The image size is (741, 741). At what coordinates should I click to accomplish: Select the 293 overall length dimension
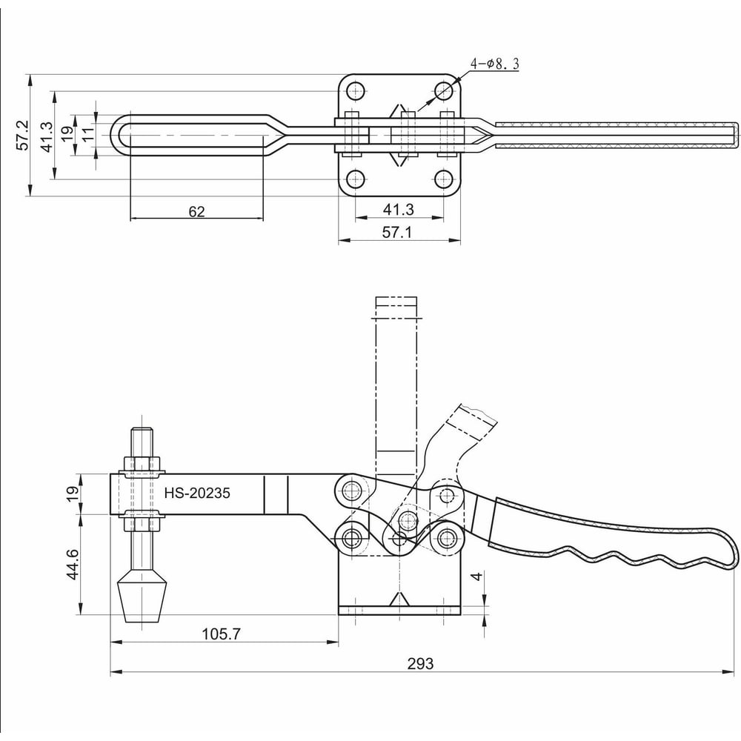coord(419,663)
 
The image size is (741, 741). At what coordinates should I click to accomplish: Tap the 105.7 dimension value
coord(222,634)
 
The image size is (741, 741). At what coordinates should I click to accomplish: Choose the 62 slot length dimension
coord(196,211)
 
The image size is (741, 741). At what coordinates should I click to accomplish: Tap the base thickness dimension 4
coord(479,576)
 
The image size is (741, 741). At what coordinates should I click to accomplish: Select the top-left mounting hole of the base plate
coord(356,92)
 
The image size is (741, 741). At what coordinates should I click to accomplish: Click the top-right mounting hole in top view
coord(443,91)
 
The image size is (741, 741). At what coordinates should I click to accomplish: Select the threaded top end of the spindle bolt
coord(142,440)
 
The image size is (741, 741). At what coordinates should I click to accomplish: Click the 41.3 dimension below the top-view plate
coord(399,210)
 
